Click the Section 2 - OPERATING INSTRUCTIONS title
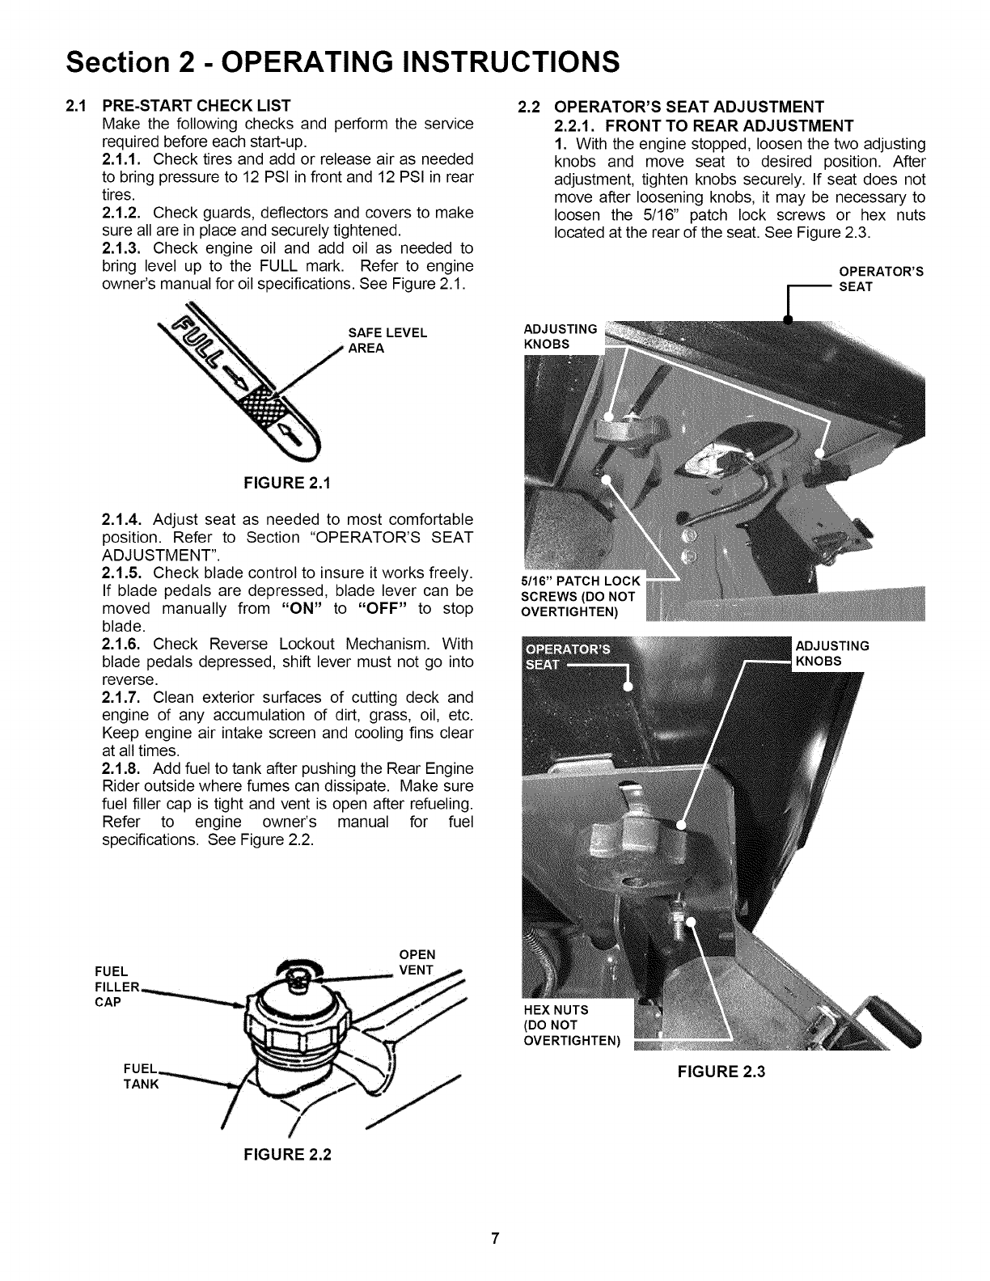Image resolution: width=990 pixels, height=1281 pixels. click(x=344, y=61)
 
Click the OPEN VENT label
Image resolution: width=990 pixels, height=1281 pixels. click(x=417, y=962)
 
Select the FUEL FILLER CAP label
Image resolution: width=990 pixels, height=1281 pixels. click(x=118, y=986)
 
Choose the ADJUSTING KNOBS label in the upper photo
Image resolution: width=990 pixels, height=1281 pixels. click(x=561, y=336)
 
